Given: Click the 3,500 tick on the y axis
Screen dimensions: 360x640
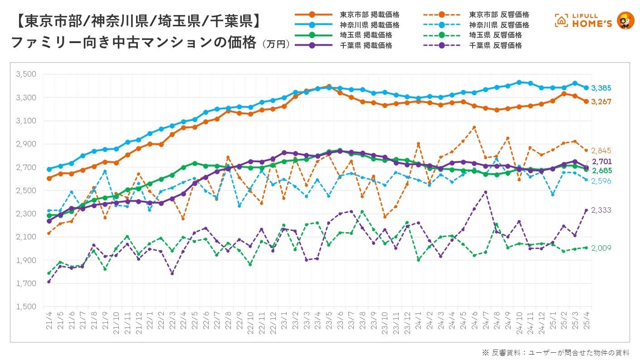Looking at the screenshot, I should point(26,74).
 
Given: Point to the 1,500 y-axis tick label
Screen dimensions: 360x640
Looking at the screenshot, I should point(26,306).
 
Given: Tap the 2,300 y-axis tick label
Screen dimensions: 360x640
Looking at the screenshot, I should point(26,214).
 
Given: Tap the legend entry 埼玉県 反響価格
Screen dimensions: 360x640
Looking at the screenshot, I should point(496,35).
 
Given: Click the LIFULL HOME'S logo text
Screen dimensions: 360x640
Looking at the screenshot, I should point(590,20).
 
